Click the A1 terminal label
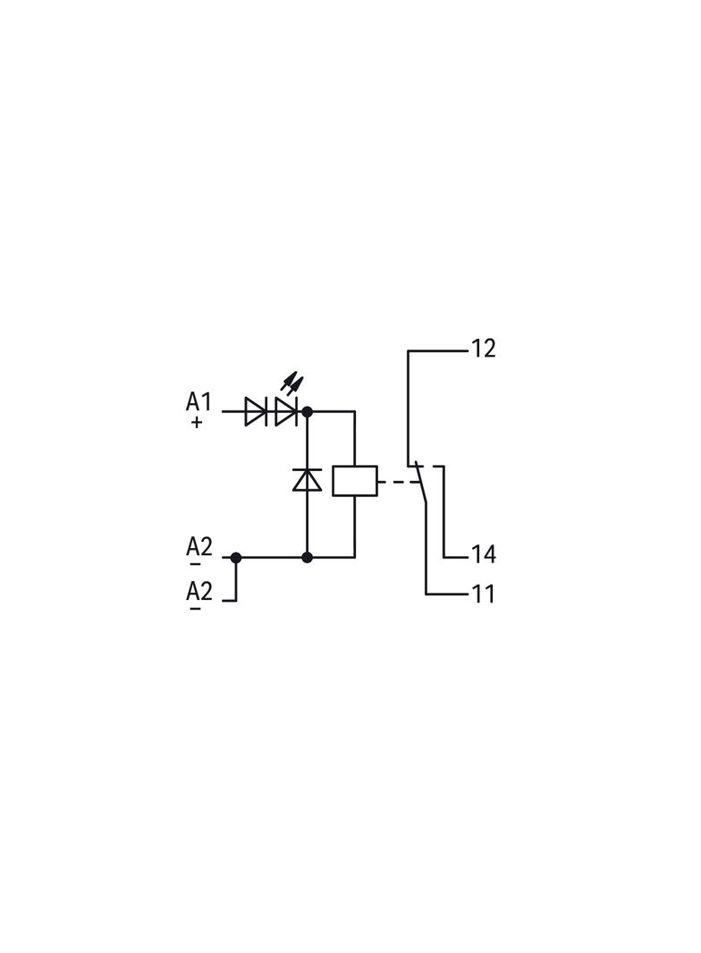click(198, 402)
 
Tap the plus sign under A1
click(196, 422)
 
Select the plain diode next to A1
click(256, 411)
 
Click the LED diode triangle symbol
click(286, 411)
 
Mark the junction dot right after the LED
click(307, 411)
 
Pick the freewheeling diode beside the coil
click(307, 479)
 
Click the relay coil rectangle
click(354, 481)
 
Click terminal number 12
click(484, 349)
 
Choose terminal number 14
click(484, 554)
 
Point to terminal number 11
click(484, 594)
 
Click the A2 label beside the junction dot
click(198, 547)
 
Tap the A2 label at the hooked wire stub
click(198, 591)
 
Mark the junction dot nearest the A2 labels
click(236, 557)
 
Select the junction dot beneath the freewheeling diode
click(307, 557)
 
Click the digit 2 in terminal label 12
click(489, 349)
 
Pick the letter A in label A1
click(193, 402)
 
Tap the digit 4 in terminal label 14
click(489, 554)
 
